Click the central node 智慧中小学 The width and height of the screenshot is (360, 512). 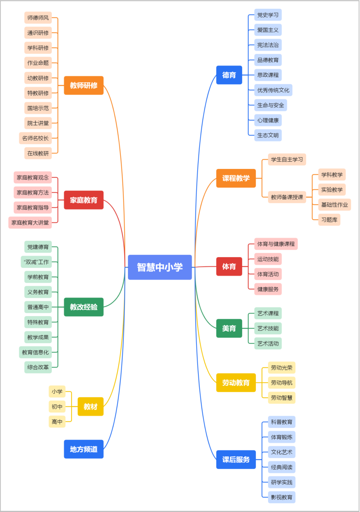click(160, 267)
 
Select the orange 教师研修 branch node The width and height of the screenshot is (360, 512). click(84, 85)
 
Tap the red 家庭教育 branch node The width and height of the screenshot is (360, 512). click(84, 200)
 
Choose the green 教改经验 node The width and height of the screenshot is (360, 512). click(84, 307)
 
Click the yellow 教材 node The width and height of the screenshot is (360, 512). click(90, 406)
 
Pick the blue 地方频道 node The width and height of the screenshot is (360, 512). click(84, 449)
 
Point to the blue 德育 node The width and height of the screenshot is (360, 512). click(229, 75)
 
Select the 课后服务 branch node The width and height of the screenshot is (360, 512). click(236, 459)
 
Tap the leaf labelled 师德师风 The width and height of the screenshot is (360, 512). click(38, 18)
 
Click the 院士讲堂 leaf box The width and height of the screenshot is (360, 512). click(38, 123)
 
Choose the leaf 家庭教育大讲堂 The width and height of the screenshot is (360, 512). click(30, 223)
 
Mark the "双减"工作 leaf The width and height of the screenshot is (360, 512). click(36, 262)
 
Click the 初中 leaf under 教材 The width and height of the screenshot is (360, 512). click(57, 406)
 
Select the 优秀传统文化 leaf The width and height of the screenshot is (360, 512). click(273, 90)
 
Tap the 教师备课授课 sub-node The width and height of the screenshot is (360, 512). click(287, 197)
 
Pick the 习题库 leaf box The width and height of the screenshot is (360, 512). click(329, 220)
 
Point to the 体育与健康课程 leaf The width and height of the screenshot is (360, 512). click(276, 244)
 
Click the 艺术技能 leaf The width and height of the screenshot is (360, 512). click(268, 328)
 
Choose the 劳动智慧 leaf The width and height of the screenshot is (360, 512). click(282, 398)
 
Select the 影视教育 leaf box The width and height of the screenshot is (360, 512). click(282, 497)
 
